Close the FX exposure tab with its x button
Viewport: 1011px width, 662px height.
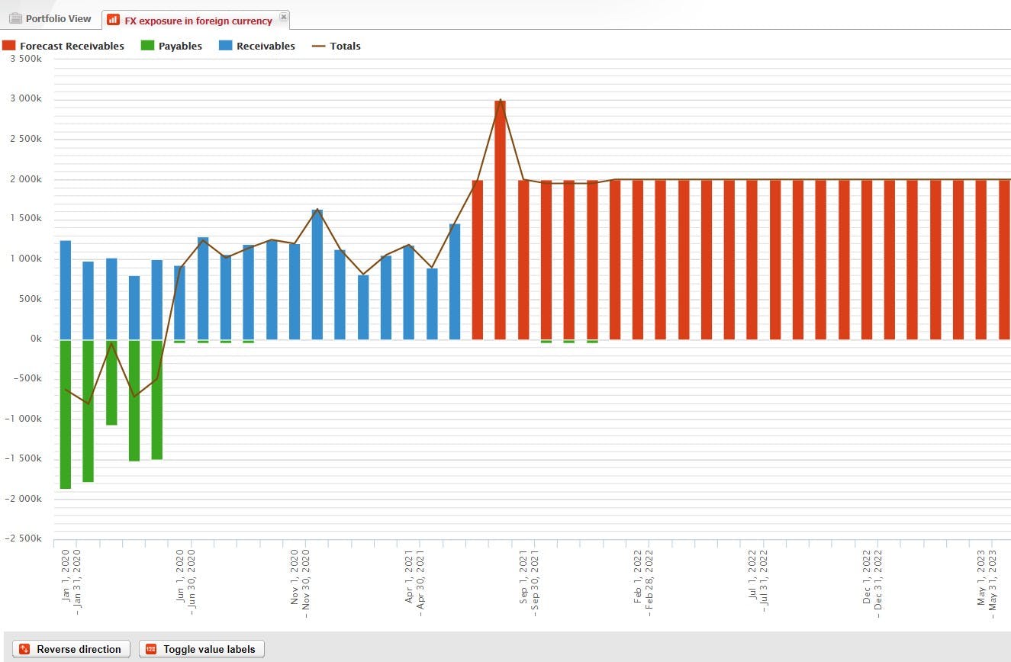pos(284,17)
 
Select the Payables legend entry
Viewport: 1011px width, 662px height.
pos(172,47)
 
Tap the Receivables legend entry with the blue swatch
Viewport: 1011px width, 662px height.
pos(257,47)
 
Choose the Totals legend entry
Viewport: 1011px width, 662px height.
pos(336,47)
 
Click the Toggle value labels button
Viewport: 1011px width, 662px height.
pos(201,649)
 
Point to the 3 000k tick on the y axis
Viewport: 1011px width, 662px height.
pos(25,99)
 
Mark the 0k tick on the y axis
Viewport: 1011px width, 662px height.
pos(34,339)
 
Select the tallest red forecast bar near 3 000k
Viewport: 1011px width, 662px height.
pos(501,221)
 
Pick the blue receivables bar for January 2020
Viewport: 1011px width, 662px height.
pos(66,290)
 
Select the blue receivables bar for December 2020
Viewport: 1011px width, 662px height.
pos(317,275)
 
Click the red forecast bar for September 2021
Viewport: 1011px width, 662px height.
pos(523,259)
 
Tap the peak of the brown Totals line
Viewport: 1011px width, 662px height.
pos(501,100)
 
